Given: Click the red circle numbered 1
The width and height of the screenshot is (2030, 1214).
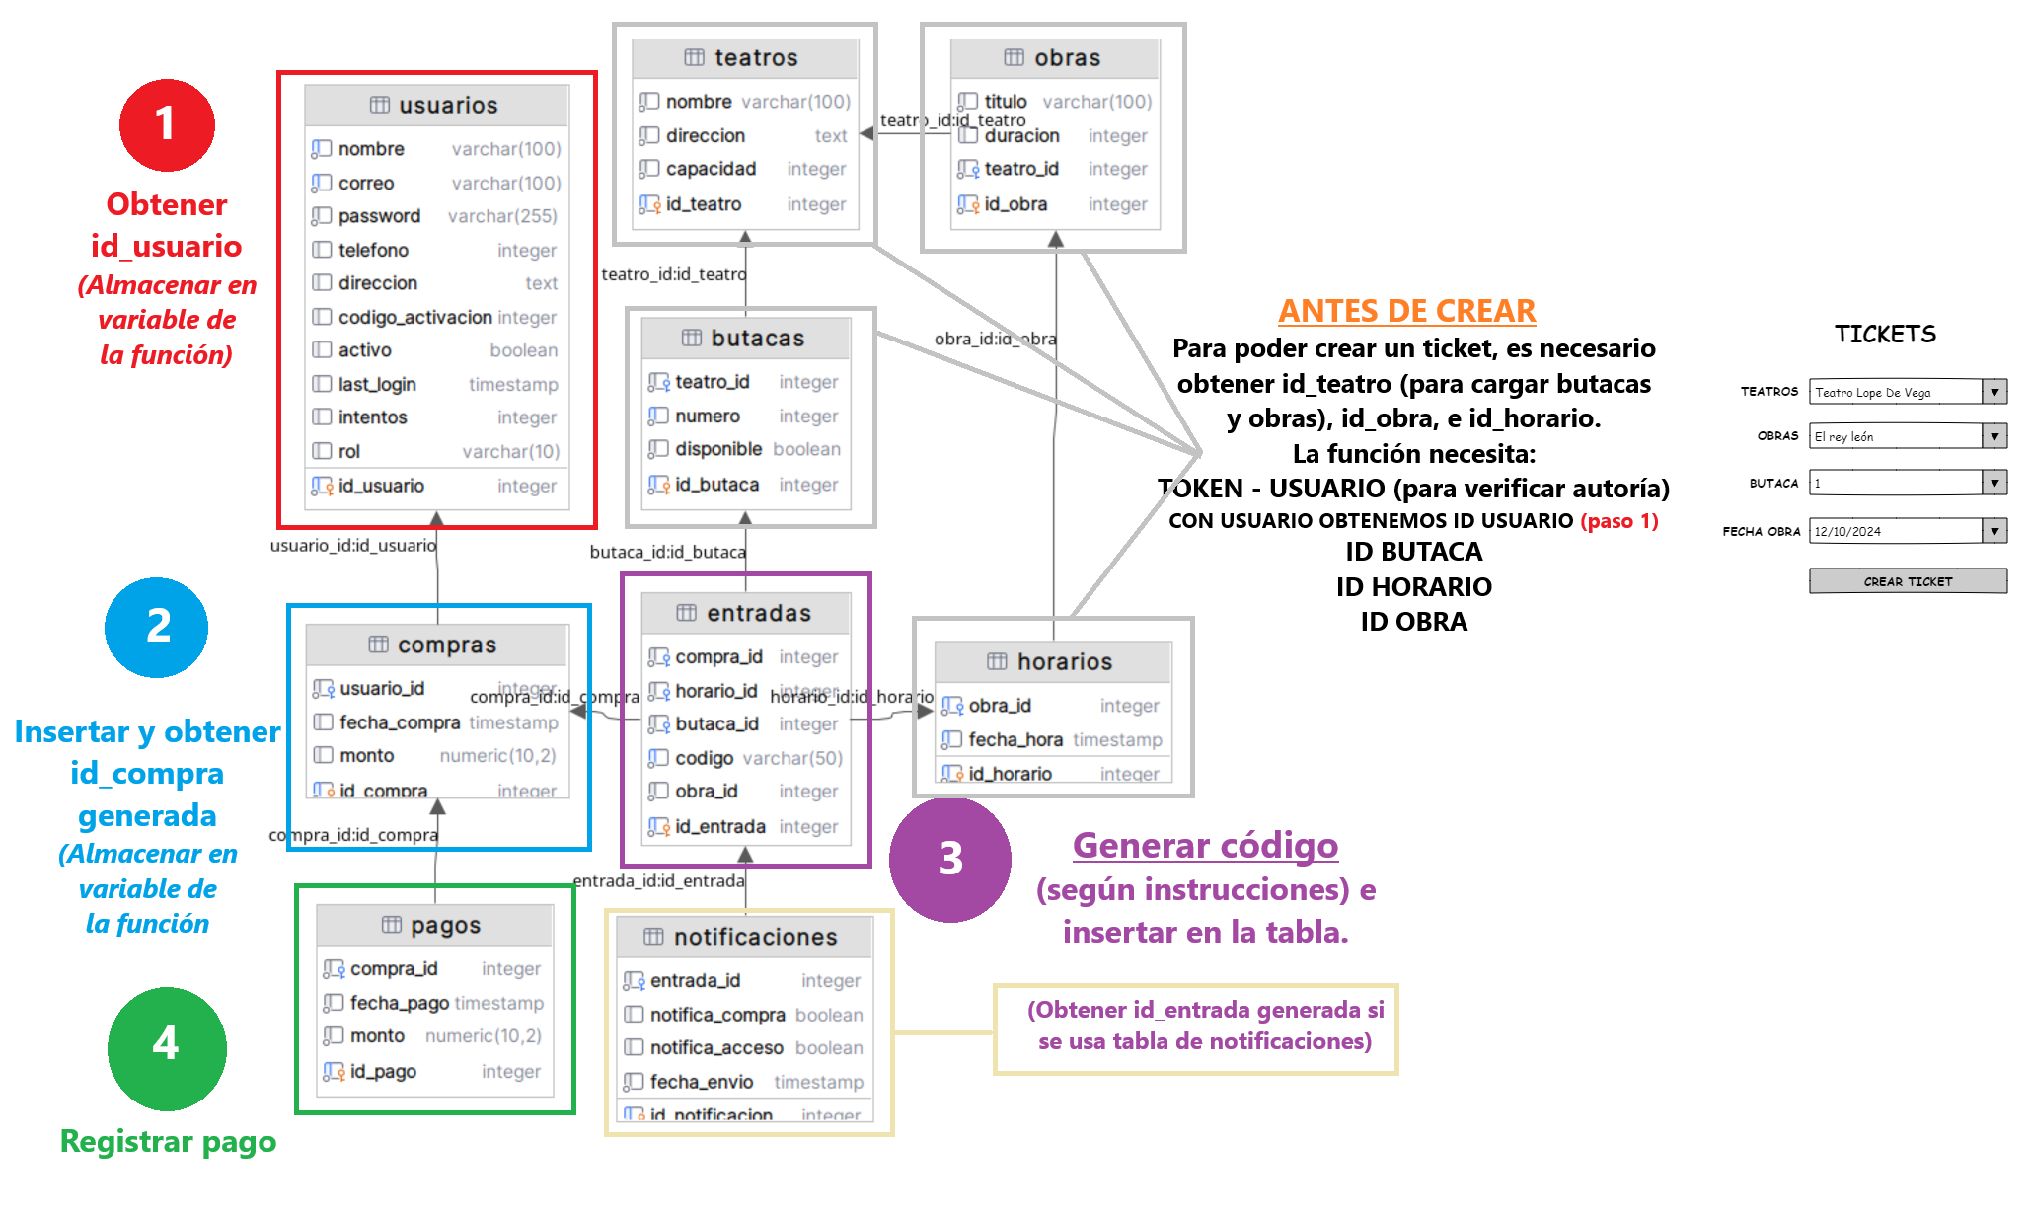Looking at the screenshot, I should (x=167, y=125).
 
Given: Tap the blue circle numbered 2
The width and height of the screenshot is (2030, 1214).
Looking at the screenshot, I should (x=157, y=628).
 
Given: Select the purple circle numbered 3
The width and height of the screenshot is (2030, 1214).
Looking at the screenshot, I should (x=949, y=859).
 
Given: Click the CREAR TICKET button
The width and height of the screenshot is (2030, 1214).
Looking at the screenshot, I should (x=1907, y=581).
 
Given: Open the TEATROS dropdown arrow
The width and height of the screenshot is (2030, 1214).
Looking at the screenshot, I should (x=1994, y=392).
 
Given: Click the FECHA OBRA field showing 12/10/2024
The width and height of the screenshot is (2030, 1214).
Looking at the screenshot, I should (x=1895, y=531).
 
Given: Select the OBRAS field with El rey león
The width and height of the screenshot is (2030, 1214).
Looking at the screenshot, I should (x=1895, y=436).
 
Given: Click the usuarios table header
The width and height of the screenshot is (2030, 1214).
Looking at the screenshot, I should (x=436, y=106).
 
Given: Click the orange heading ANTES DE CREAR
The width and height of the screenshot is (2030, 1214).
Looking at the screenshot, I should (x=1406, y=311).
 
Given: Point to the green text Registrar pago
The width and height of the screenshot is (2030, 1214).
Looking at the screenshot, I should (x=168, y=1141).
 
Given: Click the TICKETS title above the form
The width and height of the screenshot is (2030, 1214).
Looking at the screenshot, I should (x=1885, y=334).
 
